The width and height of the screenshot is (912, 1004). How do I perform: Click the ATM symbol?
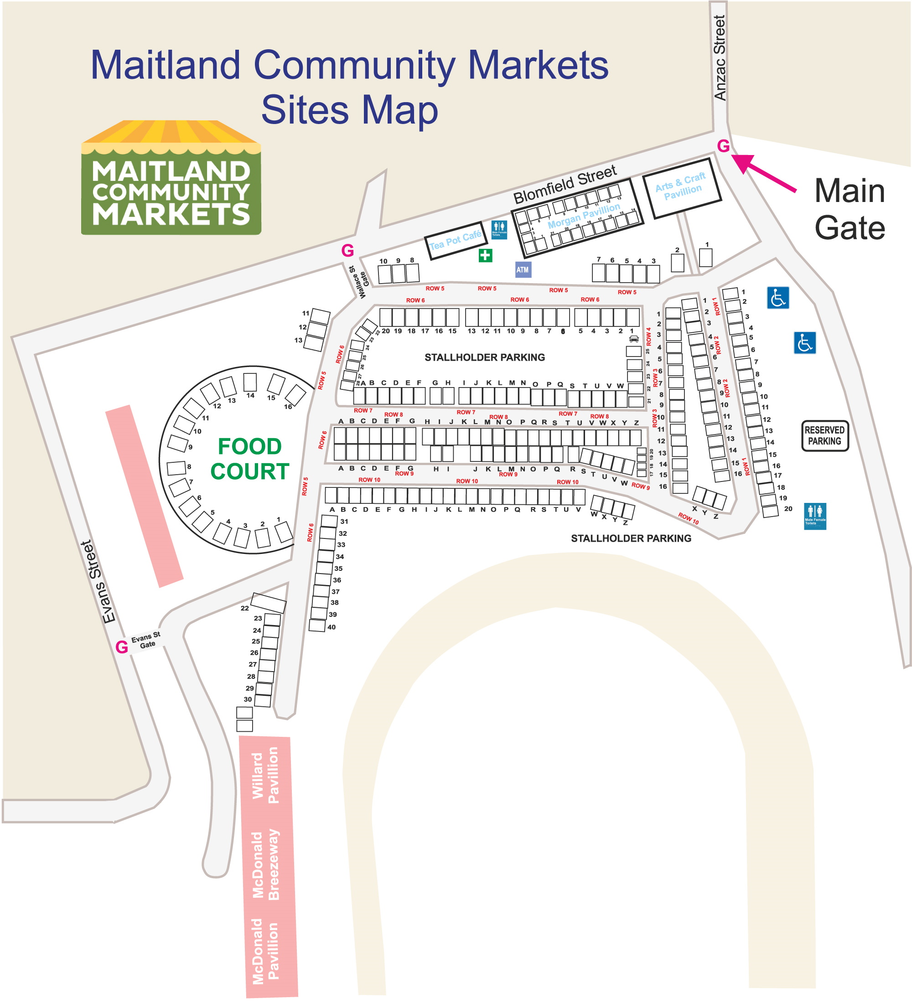tap(522, 270)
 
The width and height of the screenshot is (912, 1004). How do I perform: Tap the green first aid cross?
tap(485, 255)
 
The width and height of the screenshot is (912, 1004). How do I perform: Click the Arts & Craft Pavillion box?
tap(681, 188)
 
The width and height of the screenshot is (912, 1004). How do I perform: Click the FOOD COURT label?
tap(249, 459)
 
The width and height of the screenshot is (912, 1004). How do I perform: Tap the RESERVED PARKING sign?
tap(824, 436)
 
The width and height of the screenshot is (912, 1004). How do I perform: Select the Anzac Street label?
tap(719, 58)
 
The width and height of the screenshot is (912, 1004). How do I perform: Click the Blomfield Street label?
tap(565, 184)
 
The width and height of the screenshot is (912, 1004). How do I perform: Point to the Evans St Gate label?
tap(146, 641)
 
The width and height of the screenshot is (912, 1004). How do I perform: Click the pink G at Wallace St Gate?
tap(347, 250)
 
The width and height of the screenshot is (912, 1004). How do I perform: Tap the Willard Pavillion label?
tap(265, 775)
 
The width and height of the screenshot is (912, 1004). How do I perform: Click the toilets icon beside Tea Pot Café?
tap(499, 230)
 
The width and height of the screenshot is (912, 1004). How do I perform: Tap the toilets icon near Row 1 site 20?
tap(815, 516)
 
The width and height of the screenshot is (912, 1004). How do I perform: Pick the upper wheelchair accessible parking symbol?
tap(777, 298)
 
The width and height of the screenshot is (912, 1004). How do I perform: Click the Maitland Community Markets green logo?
tap(171, 178)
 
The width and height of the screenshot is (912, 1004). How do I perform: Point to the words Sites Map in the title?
tap(349, 110)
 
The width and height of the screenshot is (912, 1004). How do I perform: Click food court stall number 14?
tap(249, 383)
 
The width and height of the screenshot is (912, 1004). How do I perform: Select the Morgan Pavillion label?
tap(584, 216)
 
